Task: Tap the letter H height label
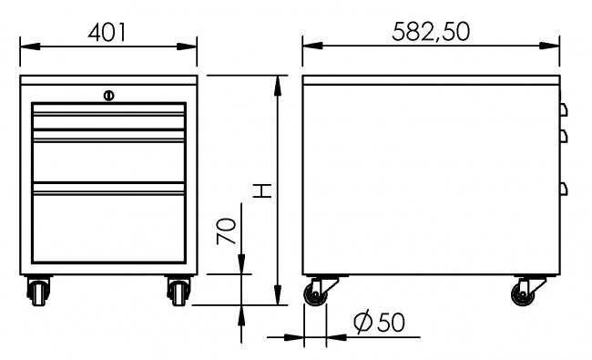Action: (261, 190)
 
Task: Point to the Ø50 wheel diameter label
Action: (378, 322)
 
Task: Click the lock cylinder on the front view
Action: (108, 94)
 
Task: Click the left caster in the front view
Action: (41, 291)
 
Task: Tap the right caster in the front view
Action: (177, 291)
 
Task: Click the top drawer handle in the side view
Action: (563, 109)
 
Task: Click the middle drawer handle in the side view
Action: (563, 135)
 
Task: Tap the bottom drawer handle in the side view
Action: (563, 189)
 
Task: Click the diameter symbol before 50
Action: (361, 322)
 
